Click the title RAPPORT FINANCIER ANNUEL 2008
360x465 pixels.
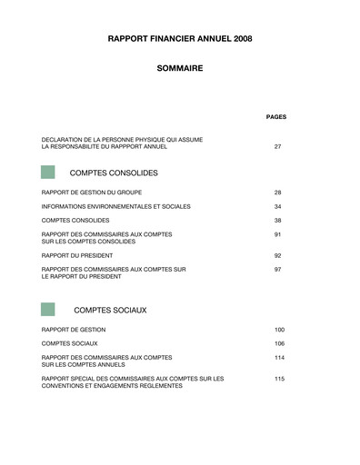pyautogui.click(x=179, y=39)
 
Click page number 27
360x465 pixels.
pyautogui.click(x=277, y=146)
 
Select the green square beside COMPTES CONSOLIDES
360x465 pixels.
pyautogui.click(x=47, y=172)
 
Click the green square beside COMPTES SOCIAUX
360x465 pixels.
pyautogui.click(x=47, y=310)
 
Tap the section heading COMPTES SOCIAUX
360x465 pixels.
pyautogui.click(x=110, y=311)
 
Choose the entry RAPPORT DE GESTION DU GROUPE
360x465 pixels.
pyautogui.click(x=91, y=193)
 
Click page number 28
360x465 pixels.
pyautogui.click(x=277, y=193)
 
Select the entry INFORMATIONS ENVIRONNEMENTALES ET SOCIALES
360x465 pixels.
pyautogui.click(x=115, y=206)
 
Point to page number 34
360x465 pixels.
pyautogui.click(x=277, y=206)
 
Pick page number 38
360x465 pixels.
pyautogui.click(x=277, y=221)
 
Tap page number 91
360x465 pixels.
pyautogui.click(x=277, y=234)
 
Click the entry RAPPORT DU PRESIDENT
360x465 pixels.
pyautogui.click(x=78, y=255)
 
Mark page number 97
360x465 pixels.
pyautogui.click(x=277, y=270)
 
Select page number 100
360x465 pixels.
pyautogui.click(x=279, y=329)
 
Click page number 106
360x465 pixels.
pyautogui.click(x=279, y=343)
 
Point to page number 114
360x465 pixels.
pyautogui.click(x=279, y=357)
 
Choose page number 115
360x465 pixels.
pyautogui.click(x=279, y=378)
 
